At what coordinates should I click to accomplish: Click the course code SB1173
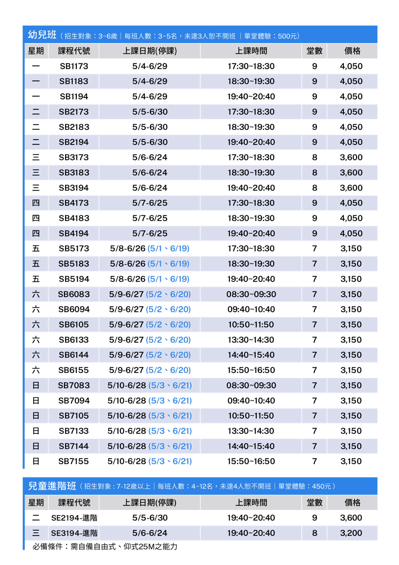tap(74, 66)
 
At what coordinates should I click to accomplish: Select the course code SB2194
tap(74, 142)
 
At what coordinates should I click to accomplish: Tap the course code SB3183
tap(74, 173)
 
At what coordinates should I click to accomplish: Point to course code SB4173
tap(74, 203)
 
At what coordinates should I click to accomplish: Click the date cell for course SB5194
tap(150, 279)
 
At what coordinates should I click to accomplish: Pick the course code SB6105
tap(74, 324)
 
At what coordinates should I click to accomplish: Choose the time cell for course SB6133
tap(251, 340)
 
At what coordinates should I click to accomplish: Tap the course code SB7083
tap(74, 385)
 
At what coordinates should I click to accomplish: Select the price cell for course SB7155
tap(351, 461)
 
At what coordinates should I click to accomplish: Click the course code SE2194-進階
tap(74, 518)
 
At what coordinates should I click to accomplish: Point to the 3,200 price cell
tap(351, 533)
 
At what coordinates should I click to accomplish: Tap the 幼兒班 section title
tap(42, 35)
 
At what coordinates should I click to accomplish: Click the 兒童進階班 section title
tap(52, 486)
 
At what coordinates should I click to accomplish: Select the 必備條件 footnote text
tap(105, 547)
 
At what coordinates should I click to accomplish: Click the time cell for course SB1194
tap(251, 97)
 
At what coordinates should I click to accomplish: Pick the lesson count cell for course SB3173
tap(314, 158)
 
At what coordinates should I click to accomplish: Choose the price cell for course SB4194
tap(351, 233)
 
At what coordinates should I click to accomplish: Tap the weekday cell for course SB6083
tap(36, 294)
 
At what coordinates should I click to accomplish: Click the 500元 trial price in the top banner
tap(287, 36)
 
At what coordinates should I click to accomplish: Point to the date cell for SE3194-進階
tap(150, 533)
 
